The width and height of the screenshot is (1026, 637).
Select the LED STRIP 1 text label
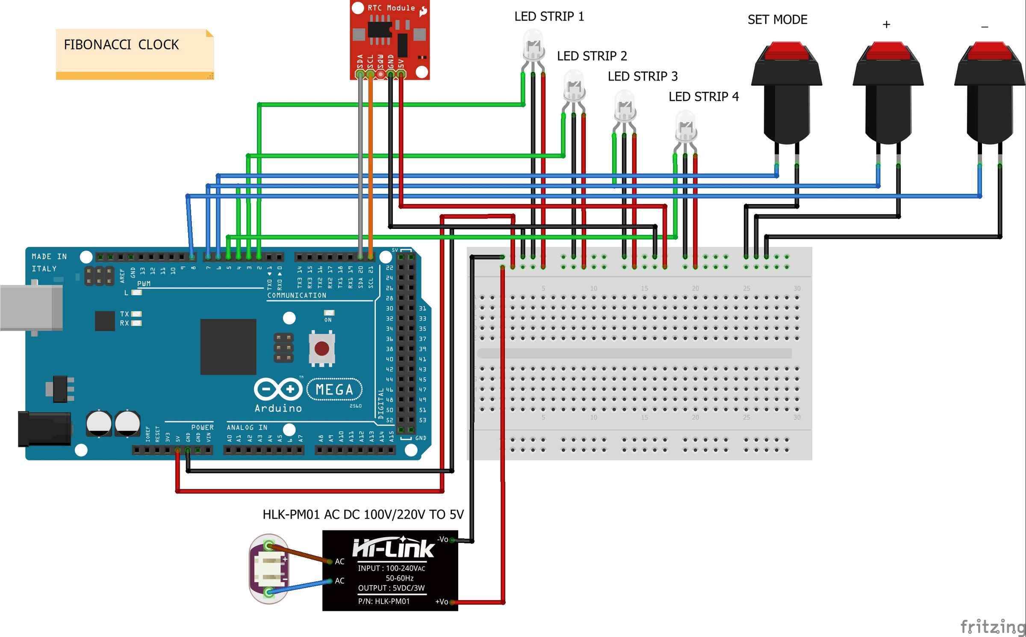548,17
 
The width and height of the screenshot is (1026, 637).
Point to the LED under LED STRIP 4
686,127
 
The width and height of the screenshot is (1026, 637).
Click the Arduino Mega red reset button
321,349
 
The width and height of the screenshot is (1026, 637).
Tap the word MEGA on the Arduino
334,390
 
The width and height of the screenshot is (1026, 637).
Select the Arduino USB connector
31,308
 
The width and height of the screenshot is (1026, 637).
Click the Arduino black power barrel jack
44,429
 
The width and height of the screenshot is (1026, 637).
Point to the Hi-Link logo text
393,548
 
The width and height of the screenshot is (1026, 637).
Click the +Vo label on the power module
441,602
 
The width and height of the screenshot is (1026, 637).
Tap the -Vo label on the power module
442,539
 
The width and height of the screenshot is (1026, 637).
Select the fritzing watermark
992,627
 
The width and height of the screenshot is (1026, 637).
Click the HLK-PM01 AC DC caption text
363,514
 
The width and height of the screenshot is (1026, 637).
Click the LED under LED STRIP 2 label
574,86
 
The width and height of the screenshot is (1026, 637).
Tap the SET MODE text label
777,20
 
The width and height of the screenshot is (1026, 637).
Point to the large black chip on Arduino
228,347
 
